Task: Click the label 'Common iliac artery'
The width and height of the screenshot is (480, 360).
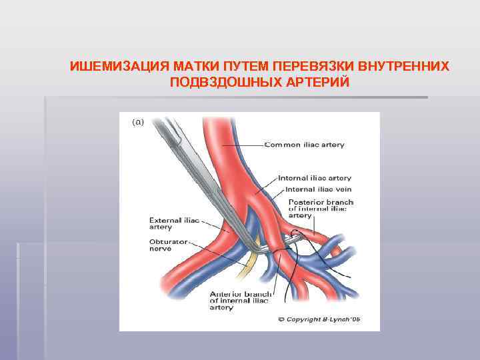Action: tap(304, 145)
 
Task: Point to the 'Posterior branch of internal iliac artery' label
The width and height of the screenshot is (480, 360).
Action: tap(320, 209)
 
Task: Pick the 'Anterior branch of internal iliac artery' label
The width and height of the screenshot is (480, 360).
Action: tap(240, 301)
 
